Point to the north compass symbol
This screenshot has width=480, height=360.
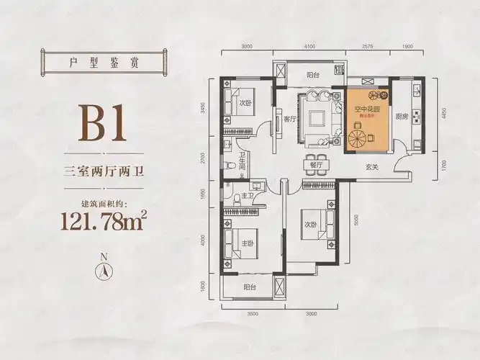point(105,270)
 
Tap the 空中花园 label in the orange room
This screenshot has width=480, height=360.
point(366,109)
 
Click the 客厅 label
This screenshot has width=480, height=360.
point(290,120)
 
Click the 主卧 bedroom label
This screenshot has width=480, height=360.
point(248,243)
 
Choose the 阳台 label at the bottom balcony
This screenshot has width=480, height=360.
point(250,287)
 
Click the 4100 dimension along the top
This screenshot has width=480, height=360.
point(309,47)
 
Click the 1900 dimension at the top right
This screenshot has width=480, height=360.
point(407,47)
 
